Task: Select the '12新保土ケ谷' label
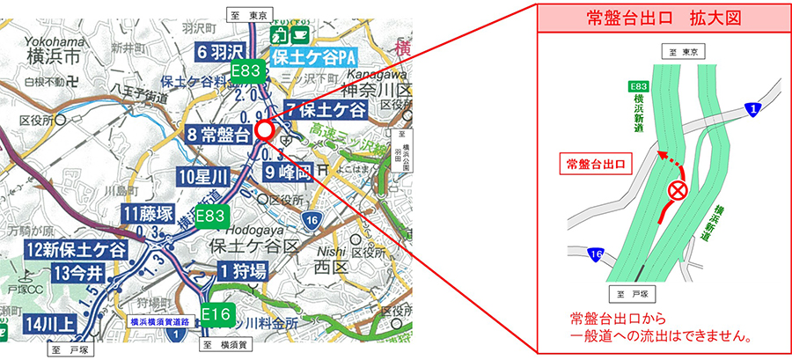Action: click(76, 250)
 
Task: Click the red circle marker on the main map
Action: click(264, 131)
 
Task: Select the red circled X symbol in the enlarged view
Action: click(678, 190)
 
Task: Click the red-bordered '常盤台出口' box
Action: click(598, 165)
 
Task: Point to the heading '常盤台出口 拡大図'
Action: click(665, 18)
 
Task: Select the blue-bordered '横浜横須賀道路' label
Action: click(161, 322)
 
